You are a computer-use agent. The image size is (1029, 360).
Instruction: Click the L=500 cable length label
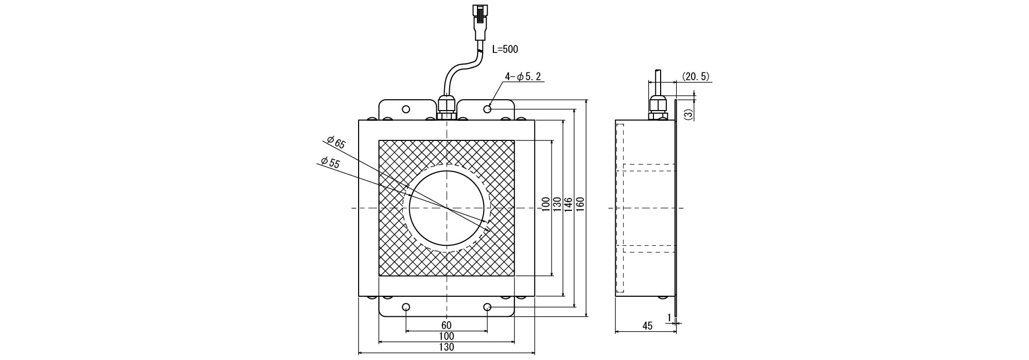click(505, 49)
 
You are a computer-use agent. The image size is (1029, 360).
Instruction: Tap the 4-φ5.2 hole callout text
click(523, 77)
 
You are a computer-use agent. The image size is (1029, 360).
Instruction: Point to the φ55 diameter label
click(330, 163)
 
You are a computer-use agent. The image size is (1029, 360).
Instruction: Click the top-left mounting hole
click(406, 109)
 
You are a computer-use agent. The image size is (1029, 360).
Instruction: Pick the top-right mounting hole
click(488, 109)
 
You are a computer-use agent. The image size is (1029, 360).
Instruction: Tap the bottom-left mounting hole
click(406, 307)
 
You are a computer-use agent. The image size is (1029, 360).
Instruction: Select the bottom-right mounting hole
click(488, 307)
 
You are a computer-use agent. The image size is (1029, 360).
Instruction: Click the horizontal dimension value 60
click(447, 326)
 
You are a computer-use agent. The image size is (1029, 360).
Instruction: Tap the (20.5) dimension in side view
click(696, 77)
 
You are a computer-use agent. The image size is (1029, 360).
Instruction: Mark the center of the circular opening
click(447, 208)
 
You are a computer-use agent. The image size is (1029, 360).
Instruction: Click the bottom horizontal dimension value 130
click(447, 347)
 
